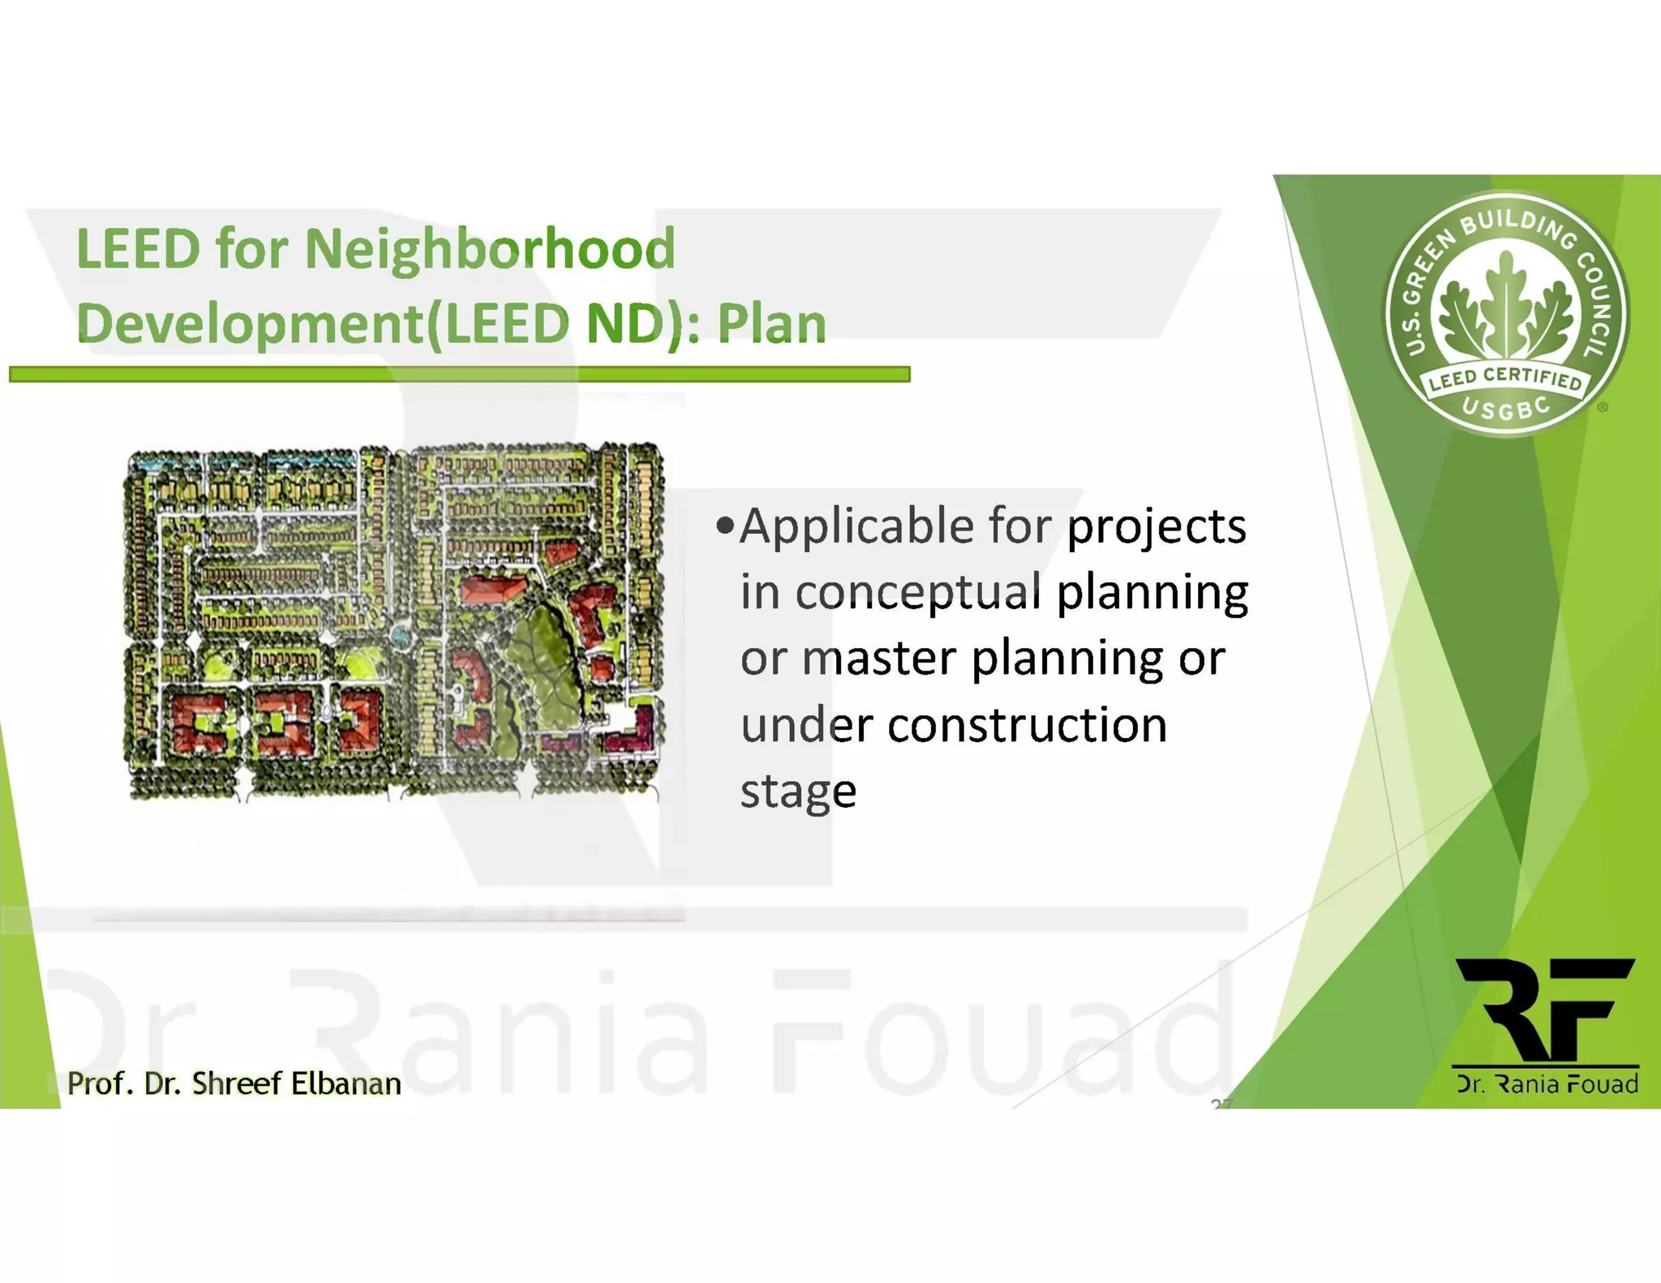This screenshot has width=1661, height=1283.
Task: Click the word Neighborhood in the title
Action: click(x=489, y=249)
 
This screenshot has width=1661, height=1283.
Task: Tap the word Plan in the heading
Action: click(x=771, y=324)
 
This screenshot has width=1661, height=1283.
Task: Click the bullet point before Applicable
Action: click(x=724, y=526)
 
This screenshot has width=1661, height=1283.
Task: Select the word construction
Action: click(x=1027, y=724)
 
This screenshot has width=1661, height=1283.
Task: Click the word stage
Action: click(x=798, y=791)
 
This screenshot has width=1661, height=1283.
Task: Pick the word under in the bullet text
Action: click(x=806, y=724)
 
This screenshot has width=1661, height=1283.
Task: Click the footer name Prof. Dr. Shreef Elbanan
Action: click(x=234, y=1083)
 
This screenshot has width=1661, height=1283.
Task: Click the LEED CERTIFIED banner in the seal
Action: click(x=1505, y=379)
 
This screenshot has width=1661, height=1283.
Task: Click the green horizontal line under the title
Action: click(x=459, y=374)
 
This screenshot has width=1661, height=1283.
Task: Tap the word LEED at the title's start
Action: click(x=138, y=249)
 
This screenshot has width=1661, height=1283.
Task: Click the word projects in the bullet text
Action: click(x=1156, y=527)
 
